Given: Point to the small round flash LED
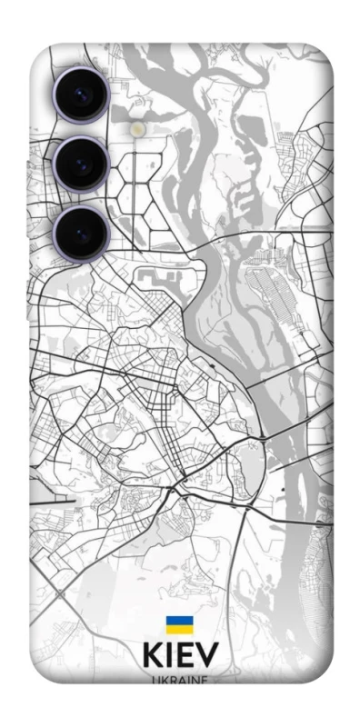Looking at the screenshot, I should [137, 130].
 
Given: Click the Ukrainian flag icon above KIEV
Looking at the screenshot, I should [179, 624].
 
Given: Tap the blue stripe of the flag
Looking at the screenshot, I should [179, 621].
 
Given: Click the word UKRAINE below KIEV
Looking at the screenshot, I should [180, 679].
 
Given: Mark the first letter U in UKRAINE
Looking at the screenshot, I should [156, 679].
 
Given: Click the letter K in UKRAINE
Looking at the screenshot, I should [165, 679].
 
